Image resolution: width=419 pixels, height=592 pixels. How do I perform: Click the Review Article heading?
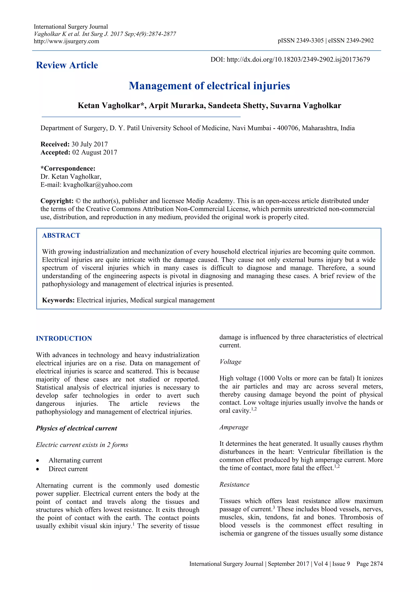coord(67,65)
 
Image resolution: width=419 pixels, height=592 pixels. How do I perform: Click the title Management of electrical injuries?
coord(209,86)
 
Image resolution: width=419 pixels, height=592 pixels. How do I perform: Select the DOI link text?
coord(298,59)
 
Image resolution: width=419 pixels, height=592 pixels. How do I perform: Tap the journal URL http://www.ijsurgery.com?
coord(66,41)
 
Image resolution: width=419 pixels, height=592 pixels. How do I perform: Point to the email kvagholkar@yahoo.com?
coord(98,185)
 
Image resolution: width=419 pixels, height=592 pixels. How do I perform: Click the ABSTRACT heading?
coord(61,235)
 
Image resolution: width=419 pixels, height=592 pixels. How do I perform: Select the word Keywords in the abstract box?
coord(58,300)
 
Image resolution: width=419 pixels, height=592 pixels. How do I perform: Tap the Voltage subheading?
coord(230,362)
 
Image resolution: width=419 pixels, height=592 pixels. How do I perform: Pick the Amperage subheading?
coord(234,427)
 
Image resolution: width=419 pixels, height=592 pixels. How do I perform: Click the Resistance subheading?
coord(234,484)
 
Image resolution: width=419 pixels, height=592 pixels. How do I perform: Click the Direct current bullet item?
coord(68,469)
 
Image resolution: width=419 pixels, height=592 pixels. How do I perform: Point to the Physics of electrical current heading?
coord(76,428)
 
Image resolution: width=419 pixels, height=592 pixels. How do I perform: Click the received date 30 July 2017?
coord(90,144)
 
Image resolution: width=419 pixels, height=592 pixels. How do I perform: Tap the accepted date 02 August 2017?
coord(95,152)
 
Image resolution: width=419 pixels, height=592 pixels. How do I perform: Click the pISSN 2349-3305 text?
coord(300,40)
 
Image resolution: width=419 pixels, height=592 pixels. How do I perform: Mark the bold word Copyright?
coord(57,201)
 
